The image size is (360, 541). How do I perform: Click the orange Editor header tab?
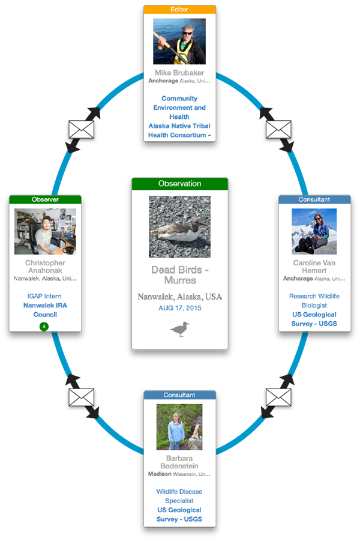[x=179, y=10]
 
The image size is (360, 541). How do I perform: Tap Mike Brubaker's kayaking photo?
[x=179, y=41]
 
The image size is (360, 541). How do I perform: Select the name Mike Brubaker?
[x=179, y=73]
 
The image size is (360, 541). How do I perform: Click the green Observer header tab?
[x=45, y=199]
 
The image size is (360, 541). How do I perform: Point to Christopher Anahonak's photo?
[x=45, y=231]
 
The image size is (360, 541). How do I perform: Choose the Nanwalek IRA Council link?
[x=45, y=310]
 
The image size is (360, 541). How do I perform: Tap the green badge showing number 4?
[x=44, y=327]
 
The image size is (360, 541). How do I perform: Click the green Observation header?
[x=179, y=184]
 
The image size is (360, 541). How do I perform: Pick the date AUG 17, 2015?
[x=179, y=308]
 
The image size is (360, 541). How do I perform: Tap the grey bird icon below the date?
[x=179, y=329]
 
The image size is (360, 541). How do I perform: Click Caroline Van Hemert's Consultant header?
[x=314, y=199]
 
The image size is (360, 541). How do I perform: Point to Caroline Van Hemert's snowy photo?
[x=314, y=231]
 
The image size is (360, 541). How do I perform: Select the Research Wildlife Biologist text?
[x=314, y=301]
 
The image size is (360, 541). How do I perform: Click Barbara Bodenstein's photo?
[x=179, y=426]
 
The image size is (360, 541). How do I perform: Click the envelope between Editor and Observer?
[x=82, y=130]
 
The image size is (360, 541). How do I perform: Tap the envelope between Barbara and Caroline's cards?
[x=278, y=397]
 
